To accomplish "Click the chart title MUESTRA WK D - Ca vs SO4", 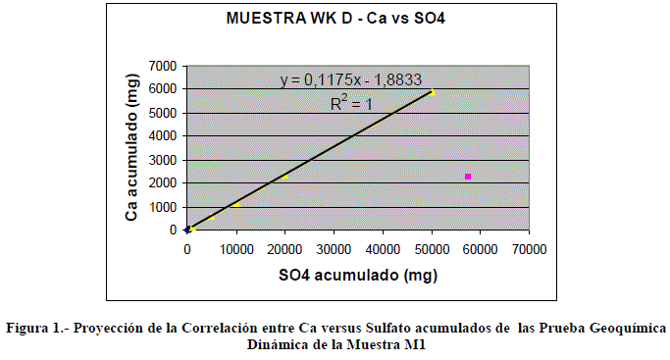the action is click(335, 19).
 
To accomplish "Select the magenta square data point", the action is click(468, 177).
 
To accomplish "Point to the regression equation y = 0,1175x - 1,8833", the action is click(351, 79).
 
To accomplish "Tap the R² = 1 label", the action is click(351, 103).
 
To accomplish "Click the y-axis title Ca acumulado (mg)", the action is click(132, 147).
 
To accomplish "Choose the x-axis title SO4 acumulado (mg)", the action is click(358, 275).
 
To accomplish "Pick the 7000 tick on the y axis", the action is click(163, 66).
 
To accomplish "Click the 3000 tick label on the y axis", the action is click(163, 160).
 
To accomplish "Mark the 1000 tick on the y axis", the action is click(163, 207).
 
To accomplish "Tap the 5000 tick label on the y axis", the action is click(163, 113).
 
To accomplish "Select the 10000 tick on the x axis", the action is click(236, 249).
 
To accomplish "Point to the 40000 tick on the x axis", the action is click(383, 249).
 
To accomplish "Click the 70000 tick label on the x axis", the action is click(530, 249).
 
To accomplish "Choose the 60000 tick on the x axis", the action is click(481, 249).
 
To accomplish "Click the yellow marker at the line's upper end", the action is click(433, 92).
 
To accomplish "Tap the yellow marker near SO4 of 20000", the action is click(285, 176).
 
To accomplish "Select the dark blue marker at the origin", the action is click(187, 230).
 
